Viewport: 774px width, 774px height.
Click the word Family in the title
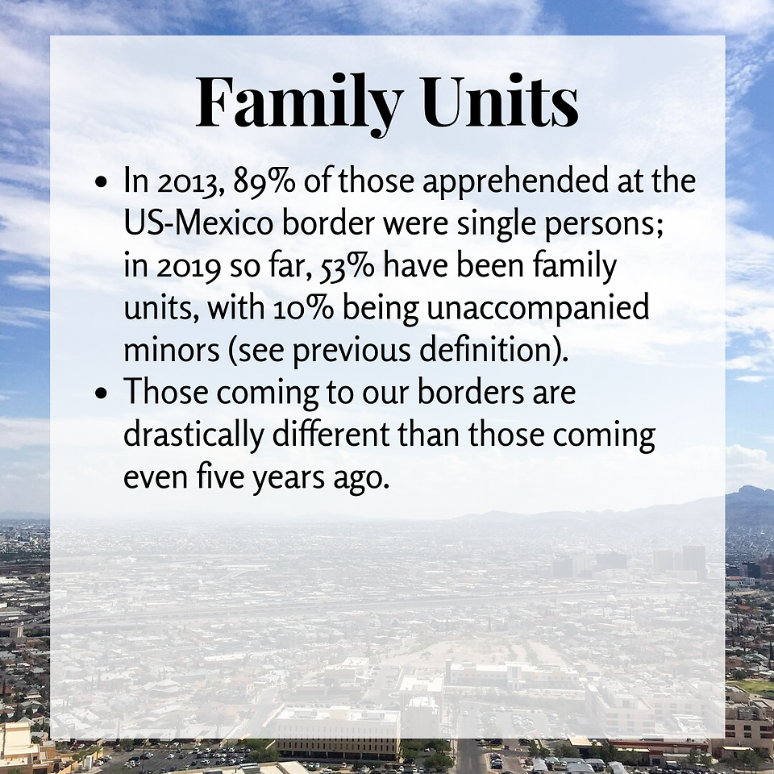(x=300, y=104)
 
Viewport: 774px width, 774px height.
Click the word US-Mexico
(x=198, y=223)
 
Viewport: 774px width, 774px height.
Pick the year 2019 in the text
(x=189, y=267)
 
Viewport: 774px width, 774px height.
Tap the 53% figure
(x=347, y=267)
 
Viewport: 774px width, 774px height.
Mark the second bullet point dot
(x=101, y=394)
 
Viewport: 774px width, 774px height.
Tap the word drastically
(x=193, y=435)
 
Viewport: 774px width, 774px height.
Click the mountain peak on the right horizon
(x=750, y=489)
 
